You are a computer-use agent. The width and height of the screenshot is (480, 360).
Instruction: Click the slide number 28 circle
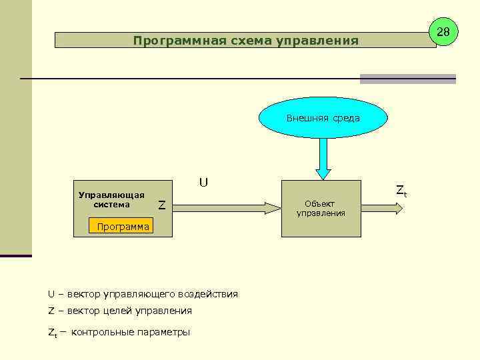point(443,31)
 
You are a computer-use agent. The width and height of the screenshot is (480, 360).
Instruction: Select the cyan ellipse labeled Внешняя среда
point(323,118)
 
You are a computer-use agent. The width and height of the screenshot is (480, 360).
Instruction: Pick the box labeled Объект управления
point(321,208)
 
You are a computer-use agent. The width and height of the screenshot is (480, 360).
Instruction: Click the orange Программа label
point(123,227)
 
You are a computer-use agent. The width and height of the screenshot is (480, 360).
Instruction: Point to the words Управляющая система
point(111,200)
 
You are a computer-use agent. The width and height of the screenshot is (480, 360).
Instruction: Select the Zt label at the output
point(401,191)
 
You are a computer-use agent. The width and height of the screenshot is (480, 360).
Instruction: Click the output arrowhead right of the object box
point(398,208)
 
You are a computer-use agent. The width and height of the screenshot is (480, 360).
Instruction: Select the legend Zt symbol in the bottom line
point(52,332)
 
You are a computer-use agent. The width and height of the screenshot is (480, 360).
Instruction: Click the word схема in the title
point(250,41)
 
